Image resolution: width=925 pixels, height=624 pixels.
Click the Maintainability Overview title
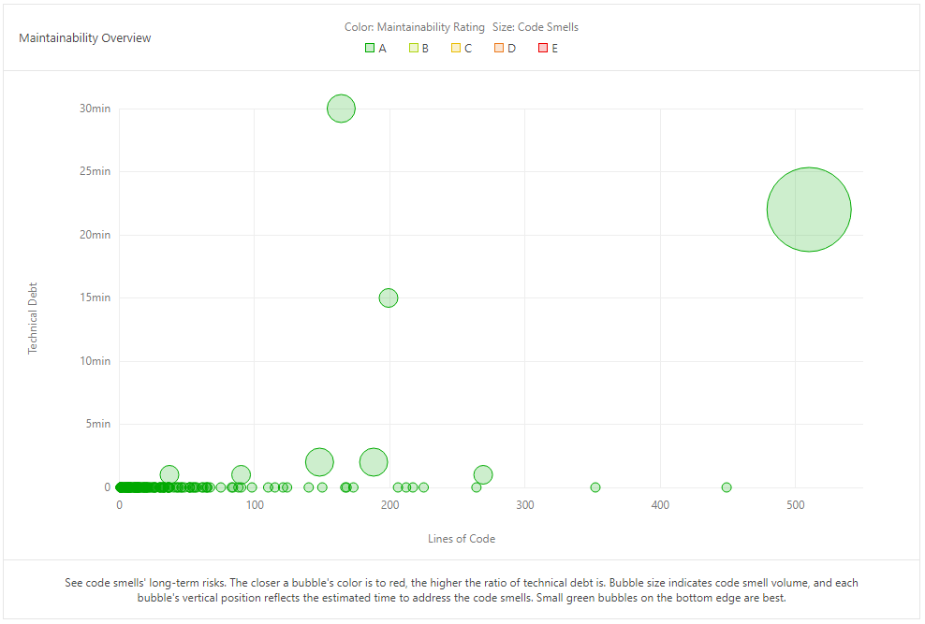tap(85, 38)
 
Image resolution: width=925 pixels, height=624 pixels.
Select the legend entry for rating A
tap(376, 48)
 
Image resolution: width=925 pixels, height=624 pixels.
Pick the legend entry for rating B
tap(419, 48)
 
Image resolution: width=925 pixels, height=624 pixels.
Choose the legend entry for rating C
tap(462, 48)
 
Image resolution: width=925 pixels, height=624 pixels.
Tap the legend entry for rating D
tap(505, 48)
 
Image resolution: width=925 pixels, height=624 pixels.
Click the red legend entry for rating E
tap(548, 48)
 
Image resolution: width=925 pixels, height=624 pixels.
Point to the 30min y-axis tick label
tap(95, 109)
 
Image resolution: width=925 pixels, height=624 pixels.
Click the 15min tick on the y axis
tap(95, 297)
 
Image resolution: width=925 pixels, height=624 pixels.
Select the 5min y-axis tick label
tap(96, 424)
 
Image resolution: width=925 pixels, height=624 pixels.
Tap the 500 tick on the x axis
tap(796, 505)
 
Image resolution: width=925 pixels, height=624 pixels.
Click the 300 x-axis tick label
tap(525, 505)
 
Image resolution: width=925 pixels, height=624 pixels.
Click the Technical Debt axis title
tap(34, 317)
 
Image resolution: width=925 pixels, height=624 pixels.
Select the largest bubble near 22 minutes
tap(809, 210)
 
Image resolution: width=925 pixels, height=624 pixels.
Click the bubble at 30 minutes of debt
tap(342, 109)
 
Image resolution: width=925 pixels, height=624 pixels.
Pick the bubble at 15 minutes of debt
tap(389, 297)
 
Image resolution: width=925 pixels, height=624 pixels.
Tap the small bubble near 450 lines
tap(727, 487)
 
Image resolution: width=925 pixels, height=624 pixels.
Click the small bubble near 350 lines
tap(595, 487)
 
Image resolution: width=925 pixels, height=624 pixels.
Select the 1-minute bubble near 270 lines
tap(483, 474)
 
